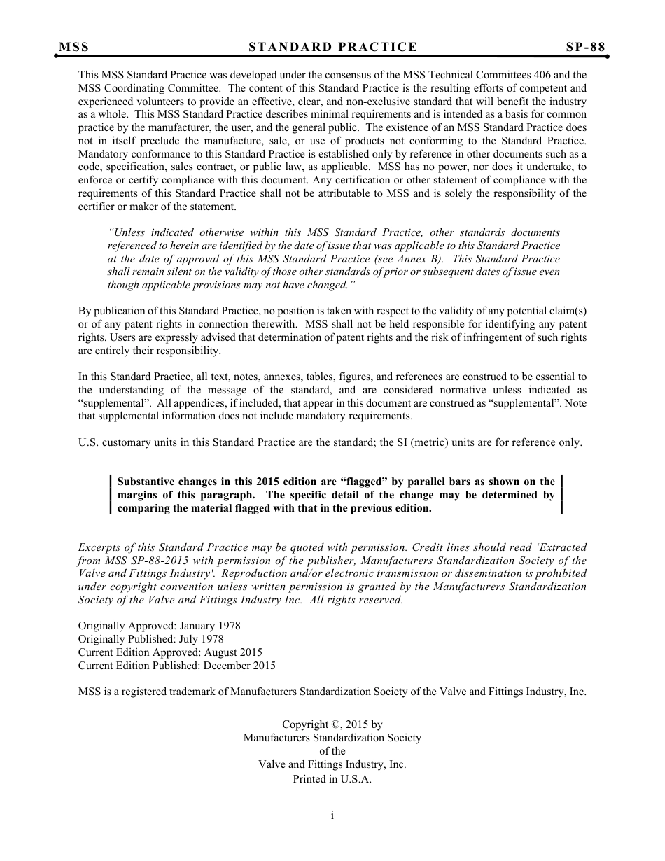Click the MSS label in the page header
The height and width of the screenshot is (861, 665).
73,47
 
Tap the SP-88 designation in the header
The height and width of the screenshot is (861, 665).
586,47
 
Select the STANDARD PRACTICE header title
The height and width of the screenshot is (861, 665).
332,47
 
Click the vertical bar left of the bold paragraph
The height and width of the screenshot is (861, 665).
111,495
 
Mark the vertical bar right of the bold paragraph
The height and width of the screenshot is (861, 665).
561,495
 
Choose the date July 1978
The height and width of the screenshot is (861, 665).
202,639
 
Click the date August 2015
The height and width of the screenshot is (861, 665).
231,652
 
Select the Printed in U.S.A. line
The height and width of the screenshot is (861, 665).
332,779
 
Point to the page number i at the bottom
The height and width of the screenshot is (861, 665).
332,815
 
